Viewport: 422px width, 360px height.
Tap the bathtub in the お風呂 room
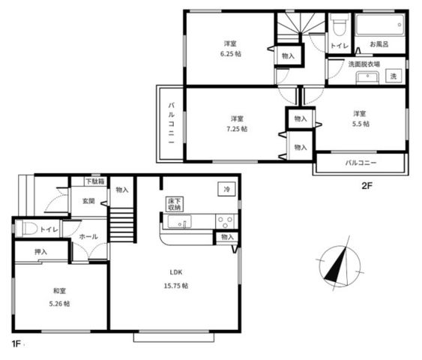point(380,25)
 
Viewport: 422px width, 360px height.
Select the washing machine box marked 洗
point(394,76)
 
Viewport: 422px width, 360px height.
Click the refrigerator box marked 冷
point(226,189)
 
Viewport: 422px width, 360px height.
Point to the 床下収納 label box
point(174,204)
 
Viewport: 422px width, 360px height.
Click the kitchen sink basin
point(179,221)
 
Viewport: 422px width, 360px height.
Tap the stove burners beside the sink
point(226,221)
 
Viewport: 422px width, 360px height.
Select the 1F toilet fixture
point(26,229)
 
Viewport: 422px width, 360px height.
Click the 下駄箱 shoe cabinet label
point(95,181)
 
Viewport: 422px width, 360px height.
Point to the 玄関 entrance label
point(88,201)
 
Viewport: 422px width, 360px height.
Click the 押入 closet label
point(41,252)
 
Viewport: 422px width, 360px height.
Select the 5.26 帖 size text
point(59,304)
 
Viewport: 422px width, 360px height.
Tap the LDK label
point(176,272)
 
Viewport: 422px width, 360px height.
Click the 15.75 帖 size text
point(176,286)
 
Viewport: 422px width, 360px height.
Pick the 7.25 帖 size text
point(237,129)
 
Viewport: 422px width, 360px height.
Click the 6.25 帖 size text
point(231,54)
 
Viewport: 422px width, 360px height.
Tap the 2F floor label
point(367,186)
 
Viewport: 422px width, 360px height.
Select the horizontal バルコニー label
point(361,163)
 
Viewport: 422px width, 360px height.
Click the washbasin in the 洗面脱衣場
point(367,77)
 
